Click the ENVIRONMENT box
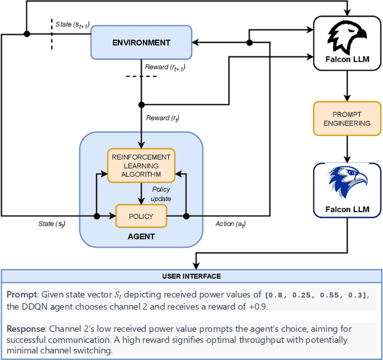[x=141, y=43]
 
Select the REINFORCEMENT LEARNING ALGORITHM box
[x=141, y=165]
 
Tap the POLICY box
[x=141, y=216]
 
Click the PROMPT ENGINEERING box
[x=346, y=118]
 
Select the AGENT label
[x=141, y=237]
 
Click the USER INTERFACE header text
[x=191, y=276]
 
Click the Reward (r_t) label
[x=163, y=118]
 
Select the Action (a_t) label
[x=230, y=224]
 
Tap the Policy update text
[x=161, y=193]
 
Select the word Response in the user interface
[x=25, y=329]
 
